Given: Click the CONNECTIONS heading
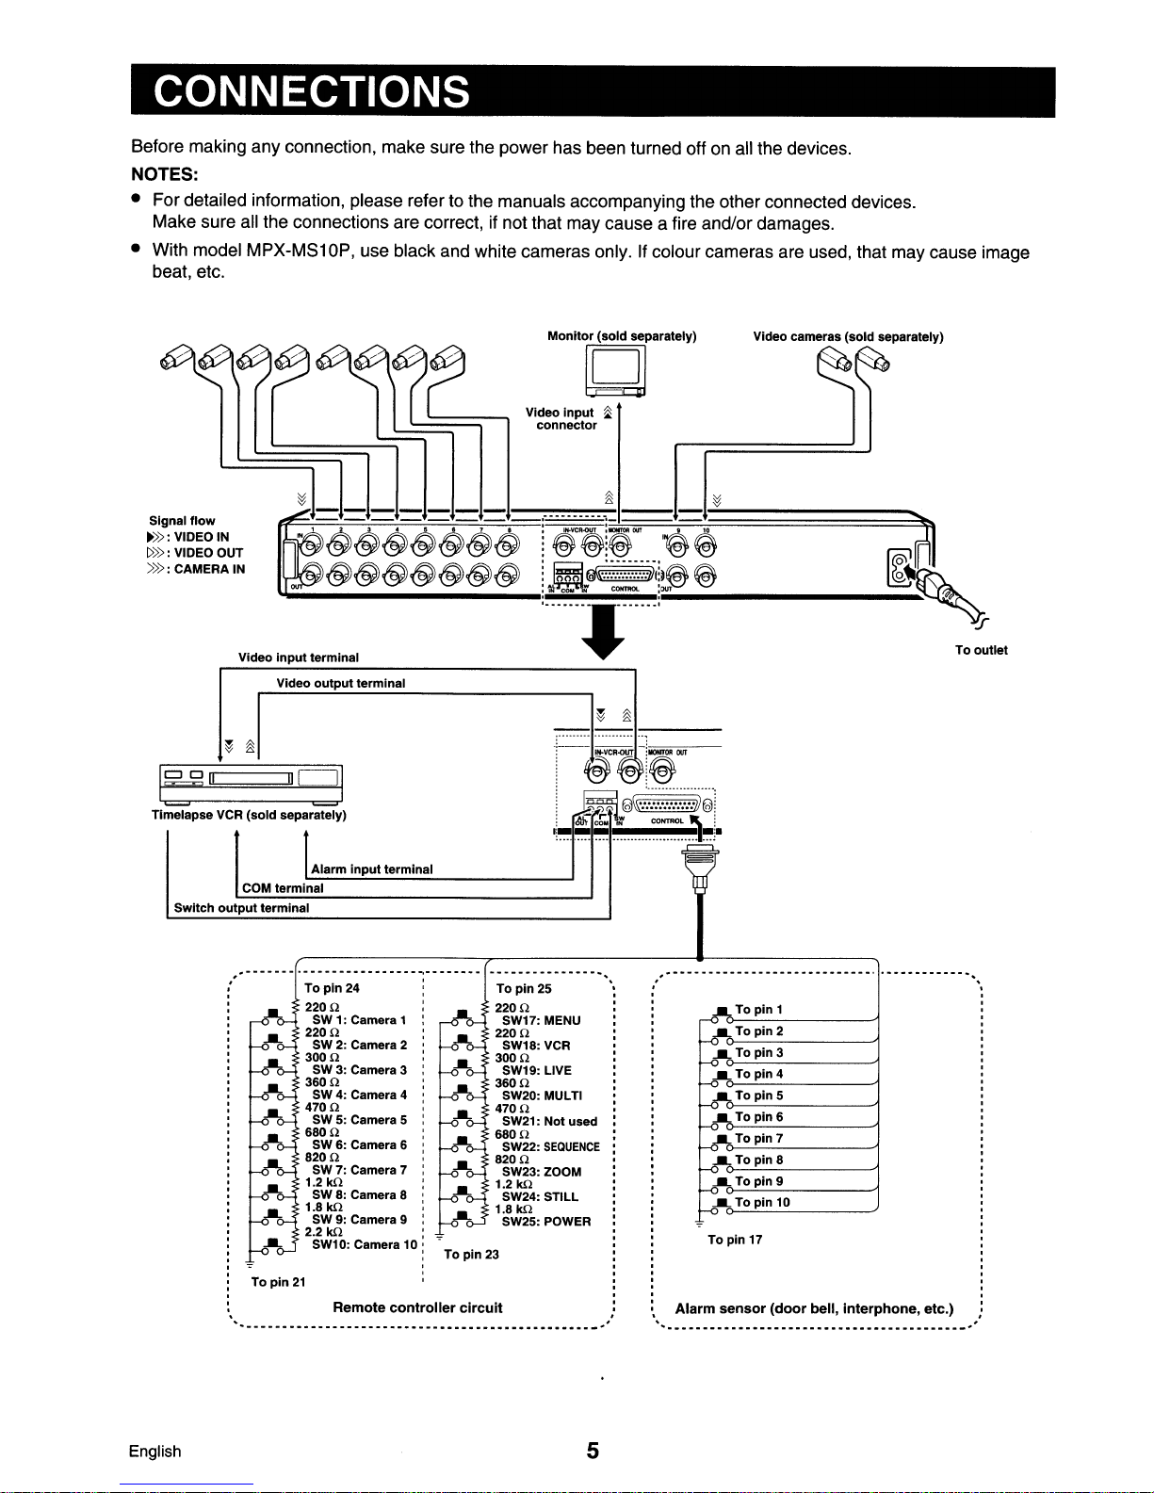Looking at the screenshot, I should tap(312, 91).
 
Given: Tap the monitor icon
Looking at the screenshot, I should tap(615, 372).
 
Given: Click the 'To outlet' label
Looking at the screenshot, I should tap(981, 650).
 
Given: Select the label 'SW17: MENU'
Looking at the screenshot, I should tap(541, 1020).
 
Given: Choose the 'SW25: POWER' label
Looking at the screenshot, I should tap(546, 1222).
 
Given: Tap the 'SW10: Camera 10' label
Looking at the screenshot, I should tap(365, 1244).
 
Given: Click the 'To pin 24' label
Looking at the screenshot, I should tap(332, 988).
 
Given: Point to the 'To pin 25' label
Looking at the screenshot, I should tap(524, 989).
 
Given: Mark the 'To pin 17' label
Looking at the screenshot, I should tap(735, 1240).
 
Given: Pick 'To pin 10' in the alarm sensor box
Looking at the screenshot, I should tap(762, 1202).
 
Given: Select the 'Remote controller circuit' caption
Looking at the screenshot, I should tap(417, 1307).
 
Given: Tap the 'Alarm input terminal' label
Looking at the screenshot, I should tap(371, 869).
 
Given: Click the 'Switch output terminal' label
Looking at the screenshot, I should tap(241, 908).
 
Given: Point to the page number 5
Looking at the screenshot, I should tap(593, 1451).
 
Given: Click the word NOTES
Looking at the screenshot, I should tap(163, 174).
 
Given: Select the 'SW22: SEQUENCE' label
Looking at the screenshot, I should tap(550, 1146).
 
